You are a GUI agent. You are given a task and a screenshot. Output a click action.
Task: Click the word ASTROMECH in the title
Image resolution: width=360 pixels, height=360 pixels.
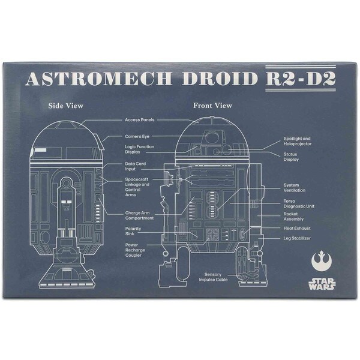click(x=99, y=79)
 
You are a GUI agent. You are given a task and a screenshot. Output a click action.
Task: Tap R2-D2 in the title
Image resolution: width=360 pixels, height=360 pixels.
click(x=301, y=79)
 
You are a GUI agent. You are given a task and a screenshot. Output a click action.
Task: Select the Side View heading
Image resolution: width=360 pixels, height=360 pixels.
click(x=65, y=106)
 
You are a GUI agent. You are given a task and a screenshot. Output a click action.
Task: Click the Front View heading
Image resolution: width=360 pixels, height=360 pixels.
click(x=212, y=106)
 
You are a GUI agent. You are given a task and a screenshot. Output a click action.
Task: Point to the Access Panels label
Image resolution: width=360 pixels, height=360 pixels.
click(x=140, y=120)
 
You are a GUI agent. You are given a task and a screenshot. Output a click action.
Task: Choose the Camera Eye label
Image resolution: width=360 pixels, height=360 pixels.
click(x=137, y=136)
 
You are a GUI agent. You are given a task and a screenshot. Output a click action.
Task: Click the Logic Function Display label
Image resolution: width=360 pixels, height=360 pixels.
click(x=140, y=149)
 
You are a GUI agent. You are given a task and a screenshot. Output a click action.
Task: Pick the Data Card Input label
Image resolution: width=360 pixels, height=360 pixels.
click(x=135, y=166)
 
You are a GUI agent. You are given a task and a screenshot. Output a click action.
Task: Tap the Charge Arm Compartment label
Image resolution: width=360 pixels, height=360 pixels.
click(x=139, y=215)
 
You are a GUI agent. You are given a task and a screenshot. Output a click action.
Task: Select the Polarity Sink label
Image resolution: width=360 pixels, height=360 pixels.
click(x=133, y=231)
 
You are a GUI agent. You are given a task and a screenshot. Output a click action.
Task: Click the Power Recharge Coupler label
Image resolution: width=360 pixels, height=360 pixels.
click(x=135, y=250)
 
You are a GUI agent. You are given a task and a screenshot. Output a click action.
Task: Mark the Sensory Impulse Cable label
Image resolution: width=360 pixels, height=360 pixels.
click(x=213, y=277)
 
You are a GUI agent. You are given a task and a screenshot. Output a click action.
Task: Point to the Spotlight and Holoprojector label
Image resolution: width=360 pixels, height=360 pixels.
click(x=298, y=141)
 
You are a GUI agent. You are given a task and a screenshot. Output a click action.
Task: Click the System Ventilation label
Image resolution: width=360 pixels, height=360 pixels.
click(x=295, y=188)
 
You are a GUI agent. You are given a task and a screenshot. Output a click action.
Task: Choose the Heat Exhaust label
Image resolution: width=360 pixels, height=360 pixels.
click(x=297, y=229)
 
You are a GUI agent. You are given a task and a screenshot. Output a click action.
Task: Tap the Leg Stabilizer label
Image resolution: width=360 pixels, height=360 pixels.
click(x=297, y=238)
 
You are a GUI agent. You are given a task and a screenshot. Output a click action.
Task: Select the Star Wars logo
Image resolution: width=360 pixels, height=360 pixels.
click(x=322, y=284)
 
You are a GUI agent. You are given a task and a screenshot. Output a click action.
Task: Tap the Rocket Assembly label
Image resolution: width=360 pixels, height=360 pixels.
click(x=293, y=217)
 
